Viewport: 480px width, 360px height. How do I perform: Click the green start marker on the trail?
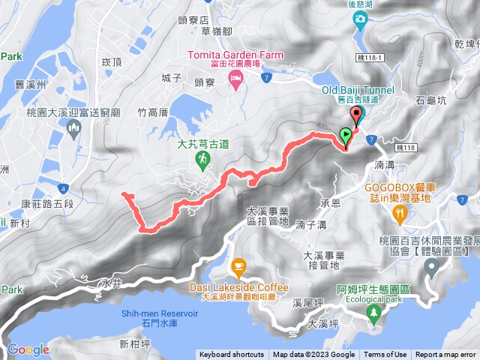point(345,136)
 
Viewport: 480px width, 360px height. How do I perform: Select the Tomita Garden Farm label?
point(232,55)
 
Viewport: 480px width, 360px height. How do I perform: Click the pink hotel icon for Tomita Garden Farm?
point(235,79)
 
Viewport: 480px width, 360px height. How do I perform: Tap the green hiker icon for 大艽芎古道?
point(202,158)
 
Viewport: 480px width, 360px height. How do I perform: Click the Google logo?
point(28,349)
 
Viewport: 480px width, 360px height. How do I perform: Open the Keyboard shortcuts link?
point(231,355)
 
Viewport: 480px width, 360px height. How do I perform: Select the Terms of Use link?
point(385,355)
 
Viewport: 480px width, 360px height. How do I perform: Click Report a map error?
point(445,355)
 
